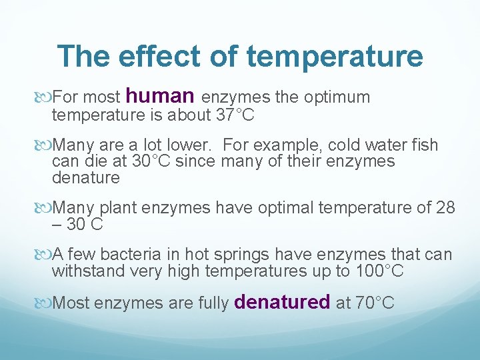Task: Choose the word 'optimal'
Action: [288, 209]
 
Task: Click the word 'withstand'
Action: [83, 271]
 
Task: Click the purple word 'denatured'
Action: [283, 302]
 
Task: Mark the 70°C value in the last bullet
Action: [375, 303]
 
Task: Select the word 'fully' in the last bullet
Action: [214, 303]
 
